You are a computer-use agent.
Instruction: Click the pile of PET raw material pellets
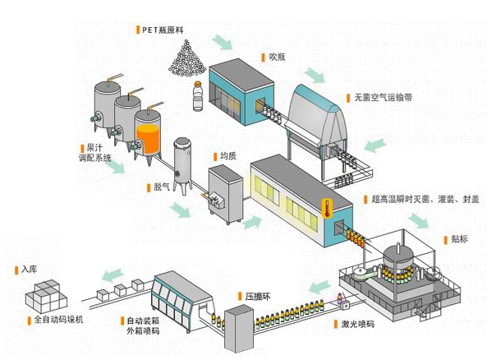coord(187,59)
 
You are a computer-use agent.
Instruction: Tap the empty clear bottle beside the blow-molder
coord(198,96)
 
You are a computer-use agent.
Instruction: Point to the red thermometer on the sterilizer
coord(327,208)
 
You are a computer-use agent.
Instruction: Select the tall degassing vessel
coord(183,165)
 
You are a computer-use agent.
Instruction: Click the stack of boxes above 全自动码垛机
coord(46,296)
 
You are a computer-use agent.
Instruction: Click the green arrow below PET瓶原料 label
coord(222,42)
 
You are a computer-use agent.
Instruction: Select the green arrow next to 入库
coord(113,275)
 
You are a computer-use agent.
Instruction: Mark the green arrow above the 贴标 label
coord(419,221)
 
